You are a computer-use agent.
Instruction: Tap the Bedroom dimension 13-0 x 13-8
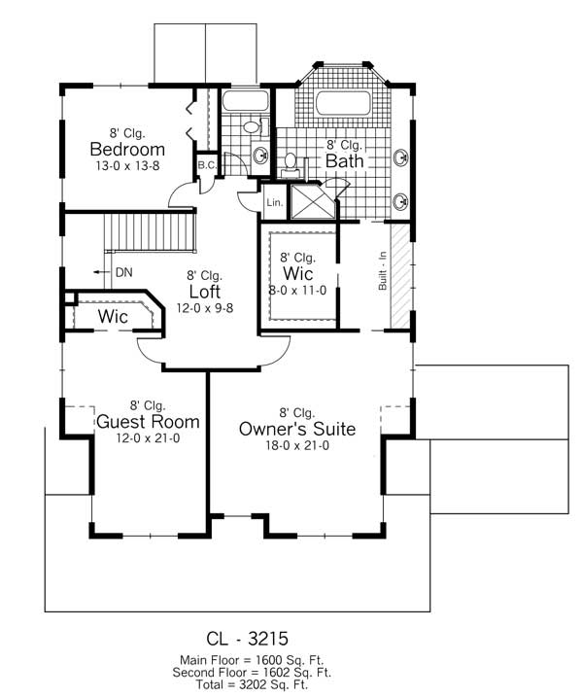127,167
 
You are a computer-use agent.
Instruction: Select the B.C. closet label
206,166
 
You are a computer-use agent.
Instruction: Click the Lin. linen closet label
273,202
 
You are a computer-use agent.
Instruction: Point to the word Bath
344,160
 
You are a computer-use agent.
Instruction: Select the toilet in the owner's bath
290,162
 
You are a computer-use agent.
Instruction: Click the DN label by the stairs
123,272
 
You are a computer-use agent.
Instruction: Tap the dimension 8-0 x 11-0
298,290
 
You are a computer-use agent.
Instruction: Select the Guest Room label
148,422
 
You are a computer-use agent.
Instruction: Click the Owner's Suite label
297,429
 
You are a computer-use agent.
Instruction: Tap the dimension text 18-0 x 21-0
297,447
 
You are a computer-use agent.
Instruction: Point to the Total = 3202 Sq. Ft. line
252,684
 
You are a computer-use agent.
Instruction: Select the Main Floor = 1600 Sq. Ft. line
252,661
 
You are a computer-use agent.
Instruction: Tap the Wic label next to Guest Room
115,316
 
